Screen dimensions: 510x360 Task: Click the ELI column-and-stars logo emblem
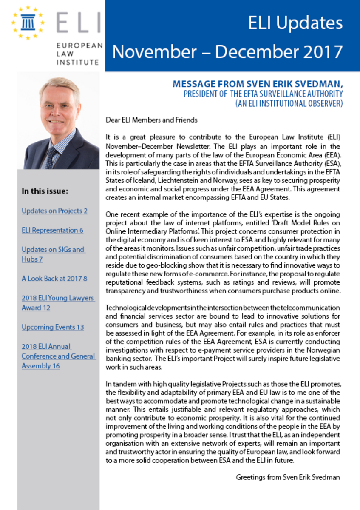(x=28, y=22)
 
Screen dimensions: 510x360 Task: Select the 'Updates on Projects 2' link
(x=54, y=211)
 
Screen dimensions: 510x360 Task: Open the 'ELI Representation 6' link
(x=52, y=230)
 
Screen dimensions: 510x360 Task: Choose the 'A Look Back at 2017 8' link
(x=54, y=279)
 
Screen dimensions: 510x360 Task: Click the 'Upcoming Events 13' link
(x=53, y=327)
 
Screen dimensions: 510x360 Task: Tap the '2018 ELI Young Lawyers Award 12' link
(x=57, y=302)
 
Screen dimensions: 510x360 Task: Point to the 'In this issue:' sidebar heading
(x=45, y=191)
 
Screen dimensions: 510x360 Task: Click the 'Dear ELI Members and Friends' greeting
(x=151, y=120)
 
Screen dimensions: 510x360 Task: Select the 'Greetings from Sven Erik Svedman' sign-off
(x=288, y=477)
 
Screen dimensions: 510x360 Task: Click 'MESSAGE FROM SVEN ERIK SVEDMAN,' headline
(x=258, y=84)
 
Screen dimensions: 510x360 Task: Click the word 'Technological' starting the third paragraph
(x=125, y=307)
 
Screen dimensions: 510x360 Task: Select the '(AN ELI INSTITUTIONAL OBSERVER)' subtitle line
(x=289, y=103)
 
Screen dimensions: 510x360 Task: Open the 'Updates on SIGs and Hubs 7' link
(x=53, y=254)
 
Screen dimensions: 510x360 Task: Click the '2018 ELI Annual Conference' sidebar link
(x=58, y=356)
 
